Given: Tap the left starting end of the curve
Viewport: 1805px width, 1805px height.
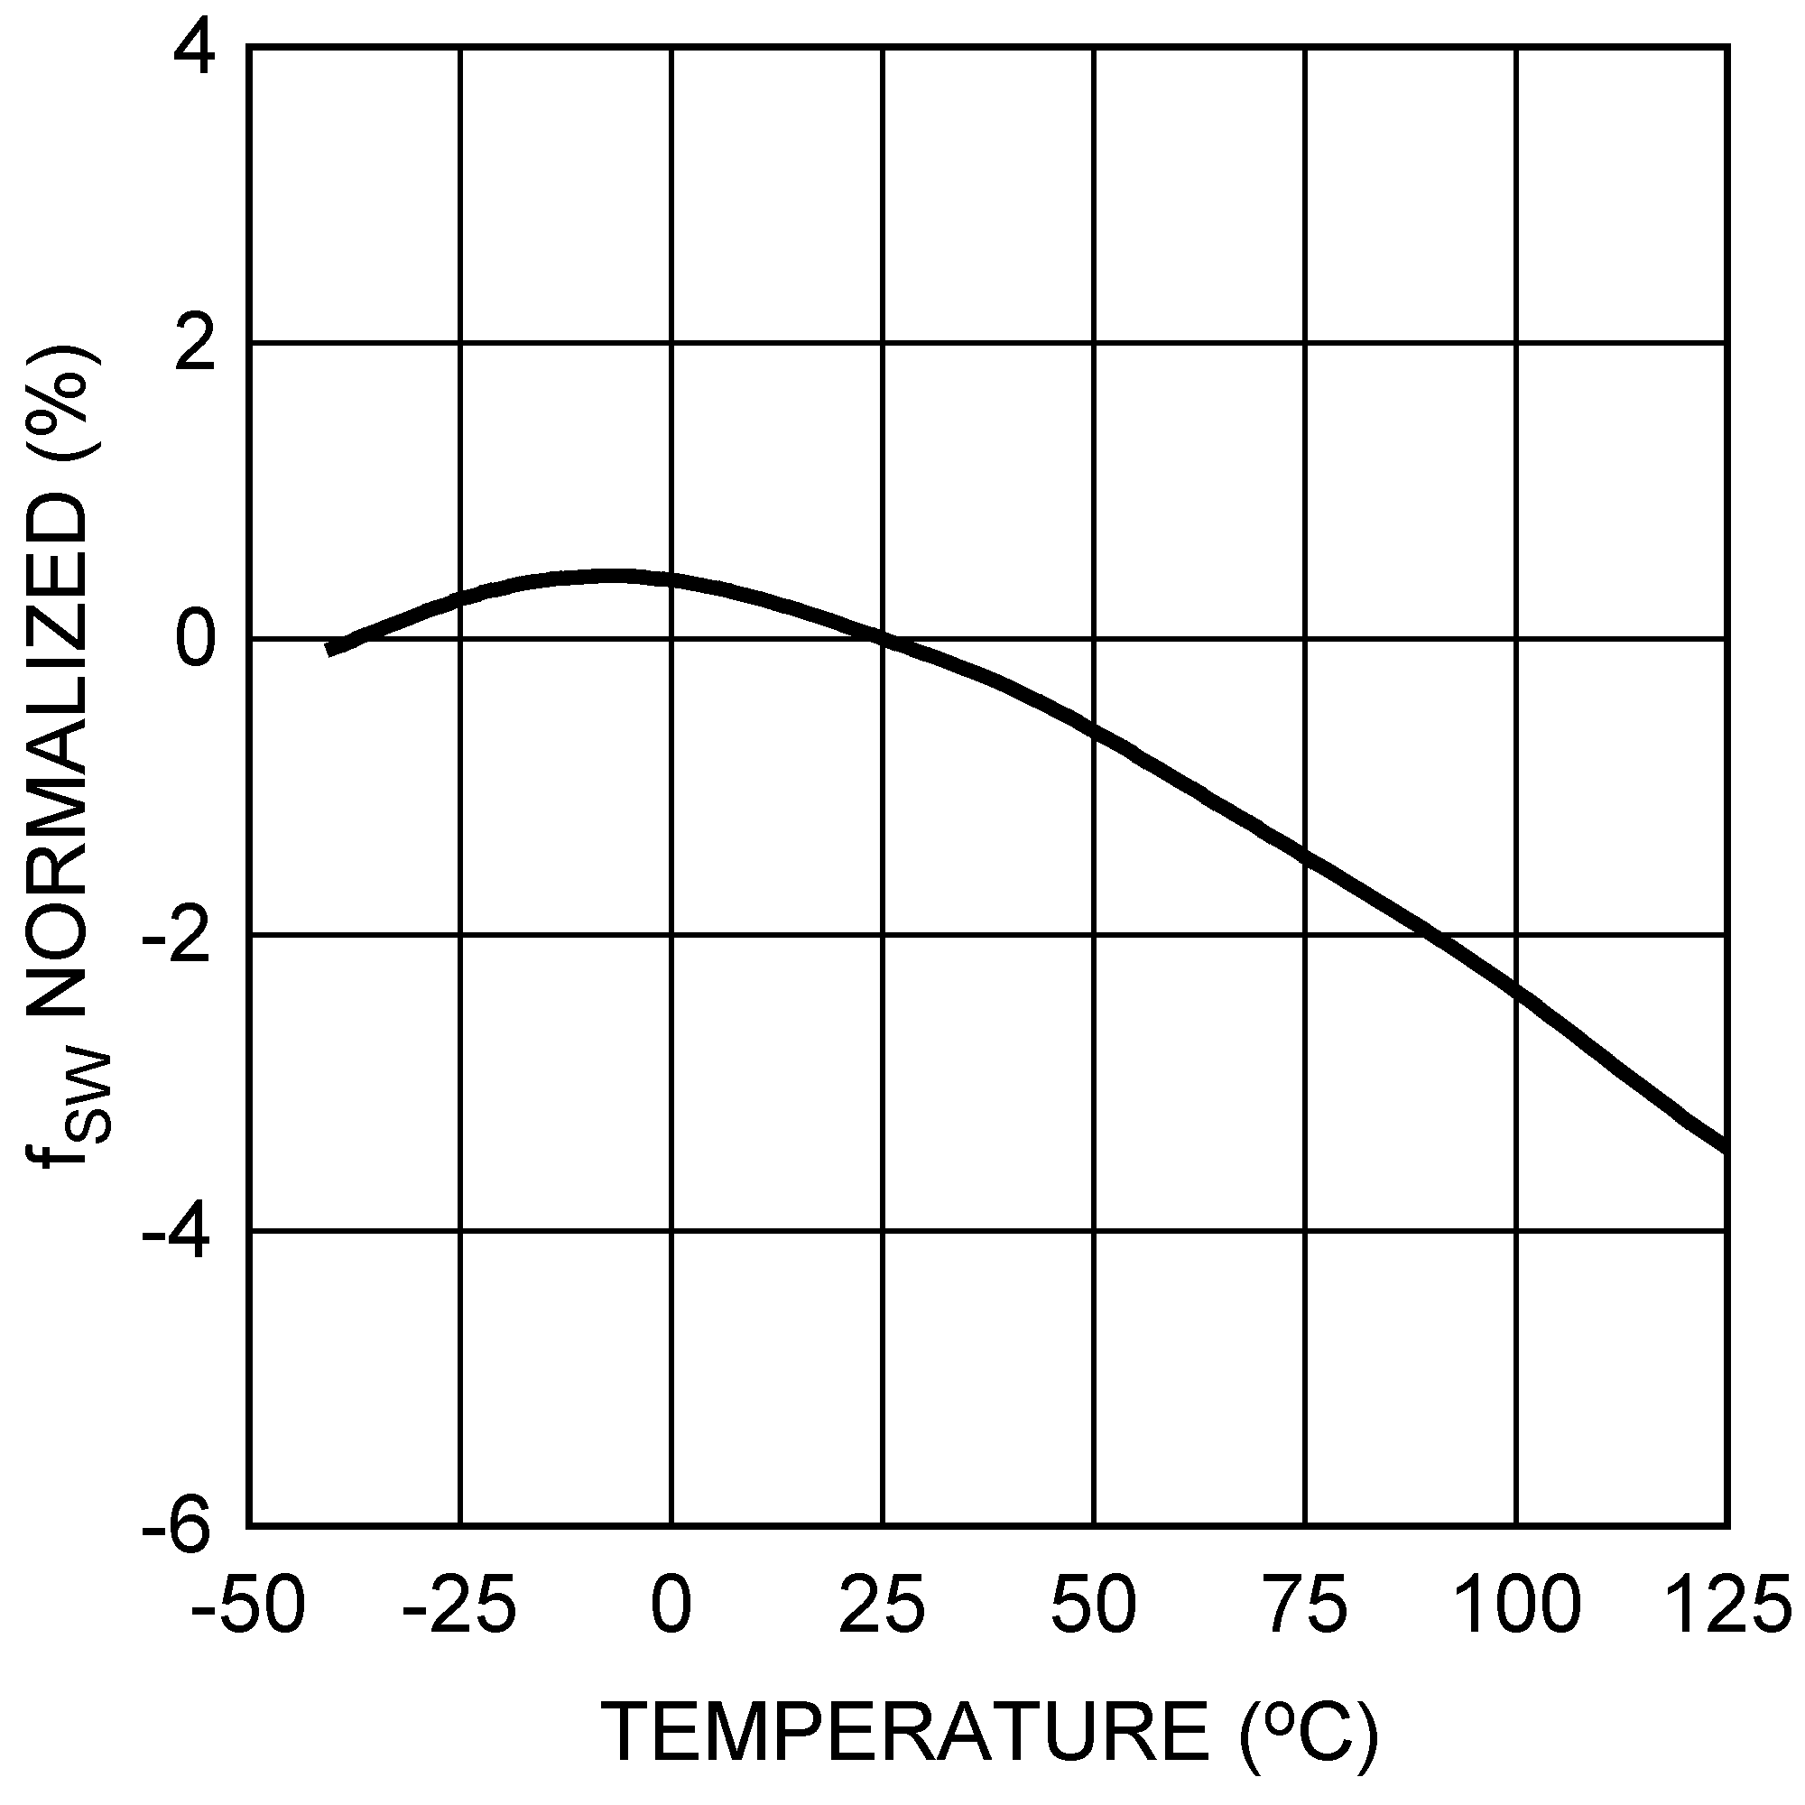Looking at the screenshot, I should (329, 649).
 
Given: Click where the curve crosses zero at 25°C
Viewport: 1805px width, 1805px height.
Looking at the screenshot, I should (883, 639).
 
